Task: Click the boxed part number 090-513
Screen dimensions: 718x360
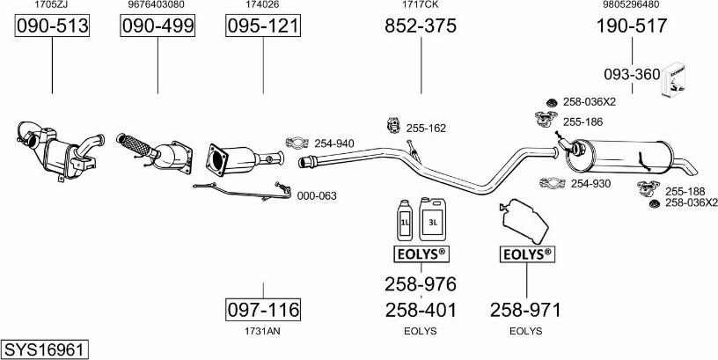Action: click(52, 26)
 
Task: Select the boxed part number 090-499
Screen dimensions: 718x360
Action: click(158, 26)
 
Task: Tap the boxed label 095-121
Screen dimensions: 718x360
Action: click(263, 26)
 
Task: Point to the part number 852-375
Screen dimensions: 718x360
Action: click(421, 26)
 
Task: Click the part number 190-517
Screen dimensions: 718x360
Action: click(632, 26)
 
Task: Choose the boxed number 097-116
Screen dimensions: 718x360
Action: click(263, 310)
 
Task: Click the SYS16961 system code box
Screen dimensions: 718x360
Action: click(44, 350)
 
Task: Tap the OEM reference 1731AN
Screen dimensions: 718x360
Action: click(263, 331)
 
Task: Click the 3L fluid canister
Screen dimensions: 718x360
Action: click(432, 219)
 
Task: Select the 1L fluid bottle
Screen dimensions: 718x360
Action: click(405, 220)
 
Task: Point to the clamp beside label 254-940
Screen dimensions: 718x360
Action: click(297, 143)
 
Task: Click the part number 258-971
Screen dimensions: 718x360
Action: click(525, 310)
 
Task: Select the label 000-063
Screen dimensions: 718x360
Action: click(317, 196)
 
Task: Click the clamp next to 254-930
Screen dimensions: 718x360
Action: click(553, 183)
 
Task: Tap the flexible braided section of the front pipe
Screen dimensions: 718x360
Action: click(135, 144)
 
